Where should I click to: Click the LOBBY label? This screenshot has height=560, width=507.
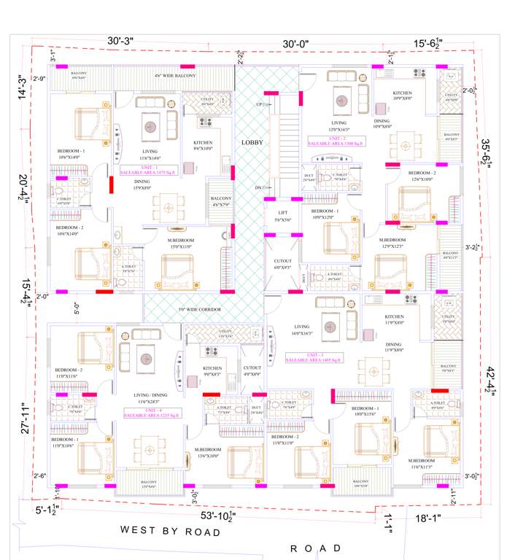point(252,143)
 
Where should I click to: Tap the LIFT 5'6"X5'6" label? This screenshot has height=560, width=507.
point(282,216)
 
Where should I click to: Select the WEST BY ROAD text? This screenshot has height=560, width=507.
point(171,532)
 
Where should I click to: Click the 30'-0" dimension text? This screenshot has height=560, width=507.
point(296,44)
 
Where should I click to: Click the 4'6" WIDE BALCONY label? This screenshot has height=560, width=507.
point(174,75)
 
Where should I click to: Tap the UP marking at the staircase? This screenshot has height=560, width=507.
point(259,105)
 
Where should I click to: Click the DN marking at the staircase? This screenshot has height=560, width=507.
point(258,188)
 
